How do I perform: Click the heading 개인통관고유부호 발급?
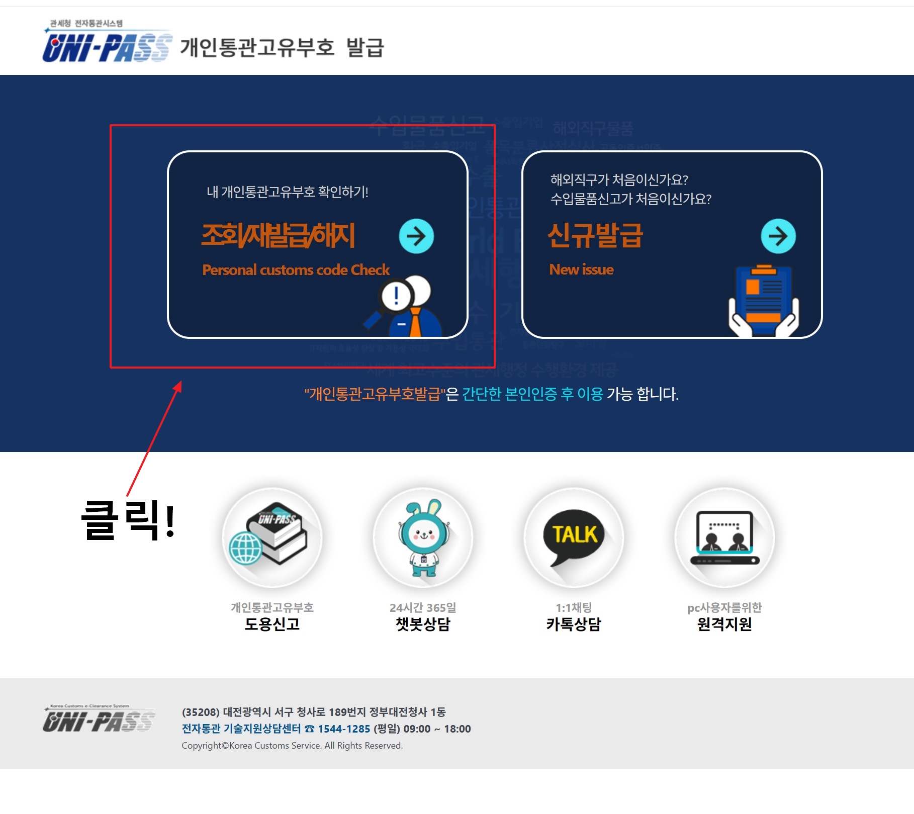click(282, 48)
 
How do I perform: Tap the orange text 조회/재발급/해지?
click(278, 235)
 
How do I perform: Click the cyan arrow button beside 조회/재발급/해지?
click(416, 236)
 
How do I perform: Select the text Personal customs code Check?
click(296, 270)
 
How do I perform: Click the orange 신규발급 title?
click(595, 235)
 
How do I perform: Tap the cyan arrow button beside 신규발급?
click(778, 236)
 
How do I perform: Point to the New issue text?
click(581, 269)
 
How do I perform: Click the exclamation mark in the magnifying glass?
click(396, 296)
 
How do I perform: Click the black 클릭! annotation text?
click(128, 520)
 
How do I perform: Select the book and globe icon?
click(271, 536)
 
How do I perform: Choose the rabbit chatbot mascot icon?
click(423, 537)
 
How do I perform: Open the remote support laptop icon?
click(724, 537)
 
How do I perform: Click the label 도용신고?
click(271, 624)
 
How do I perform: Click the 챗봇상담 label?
click(423, 624)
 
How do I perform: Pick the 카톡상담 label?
click(574, 624)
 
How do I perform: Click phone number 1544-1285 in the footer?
click(344, 729)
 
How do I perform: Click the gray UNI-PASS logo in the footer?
click(99, 719)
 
